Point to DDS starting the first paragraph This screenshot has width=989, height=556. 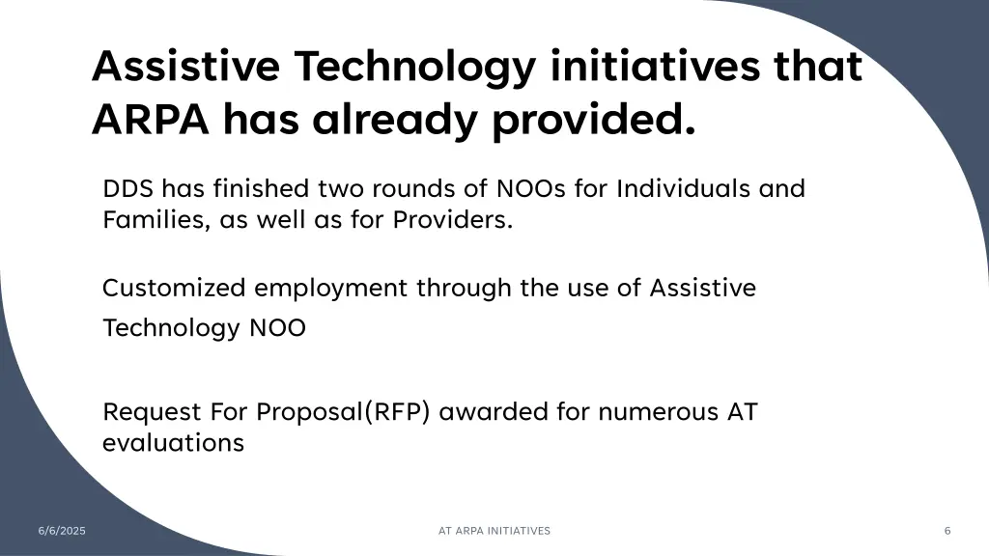pyautogui.click(x=128, y=188)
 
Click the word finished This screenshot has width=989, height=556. pyautogui.click(x=260, y=188)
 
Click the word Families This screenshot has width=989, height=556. pyautogui.click(x=155, y=220)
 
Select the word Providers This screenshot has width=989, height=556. pyautogui.click(x=452, y=220)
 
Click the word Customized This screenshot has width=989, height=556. pyautogui.click(x=175, y=288)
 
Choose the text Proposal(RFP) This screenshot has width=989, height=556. pyautogui.click(x=346, y=412)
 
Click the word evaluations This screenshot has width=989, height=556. pyautogui.click(x=173, y=443)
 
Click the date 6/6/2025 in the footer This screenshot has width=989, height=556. pyautogui.click(x=62, y=531)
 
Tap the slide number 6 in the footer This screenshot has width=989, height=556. pyautogui.click(x=947, y=531)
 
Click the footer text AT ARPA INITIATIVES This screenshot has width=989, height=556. pyautogui.click(x=494, y=531)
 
